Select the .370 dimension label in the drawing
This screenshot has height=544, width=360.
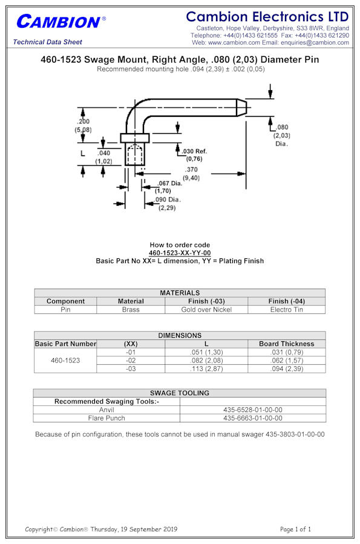[x=191, y=174]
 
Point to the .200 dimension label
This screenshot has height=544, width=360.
[x=83, y=126]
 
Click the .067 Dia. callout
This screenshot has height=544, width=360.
[x=169, y=187]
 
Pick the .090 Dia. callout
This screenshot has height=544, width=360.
[x=168, y=204]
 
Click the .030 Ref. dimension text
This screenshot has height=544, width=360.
[x=194, y=155]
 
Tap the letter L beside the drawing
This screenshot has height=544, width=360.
[x=82, y=153]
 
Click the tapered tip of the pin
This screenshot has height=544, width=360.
[x=241, y=108]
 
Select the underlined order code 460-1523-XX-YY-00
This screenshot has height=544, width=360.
[x=180, y=253]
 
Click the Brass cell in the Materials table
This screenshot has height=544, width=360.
[x=131, y=309]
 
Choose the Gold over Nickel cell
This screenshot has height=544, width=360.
[x=206, y=309]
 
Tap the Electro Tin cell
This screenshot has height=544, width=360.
[x=286, y=309]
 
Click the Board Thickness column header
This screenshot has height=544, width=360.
[x=286, y=344]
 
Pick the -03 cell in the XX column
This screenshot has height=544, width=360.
[x=131, y=369]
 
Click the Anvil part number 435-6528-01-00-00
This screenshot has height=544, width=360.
[x=253, y=410]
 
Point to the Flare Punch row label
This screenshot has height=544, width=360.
[x=106, y=418]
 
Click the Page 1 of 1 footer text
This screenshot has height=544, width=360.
[x=295, y=529]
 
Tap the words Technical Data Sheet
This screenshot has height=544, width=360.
[x=48, y=42]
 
